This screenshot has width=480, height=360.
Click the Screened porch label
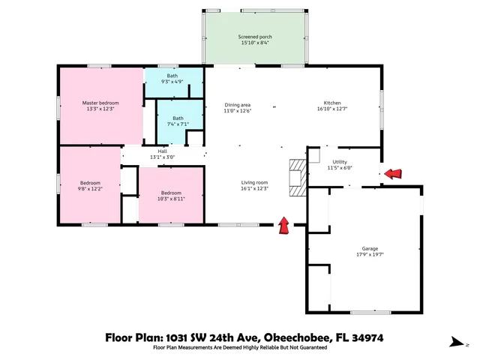(x=254, y=36)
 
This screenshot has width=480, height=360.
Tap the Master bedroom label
(x=100, y=102)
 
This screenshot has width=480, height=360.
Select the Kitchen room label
(x=332, y=102)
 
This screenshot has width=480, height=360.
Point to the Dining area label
(x=237, y=104)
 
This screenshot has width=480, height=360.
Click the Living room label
(x=254, y=182)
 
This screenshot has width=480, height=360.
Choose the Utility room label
(x=339, y=161)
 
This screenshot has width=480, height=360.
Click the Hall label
(x=162, y=151)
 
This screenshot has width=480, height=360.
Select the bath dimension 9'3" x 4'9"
(x=173, y=82)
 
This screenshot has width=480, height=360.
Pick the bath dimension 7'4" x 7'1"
(x=178, y=124)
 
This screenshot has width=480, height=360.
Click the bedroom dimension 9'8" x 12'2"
(x=91, y=189)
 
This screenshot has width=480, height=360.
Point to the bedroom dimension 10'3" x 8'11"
(x=172, y=199)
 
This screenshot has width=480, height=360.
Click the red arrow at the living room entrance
(x=284, y=225)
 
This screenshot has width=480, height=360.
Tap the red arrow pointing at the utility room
(x=392, y=174)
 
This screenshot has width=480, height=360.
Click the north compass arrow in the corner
(x=456, y=343)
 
